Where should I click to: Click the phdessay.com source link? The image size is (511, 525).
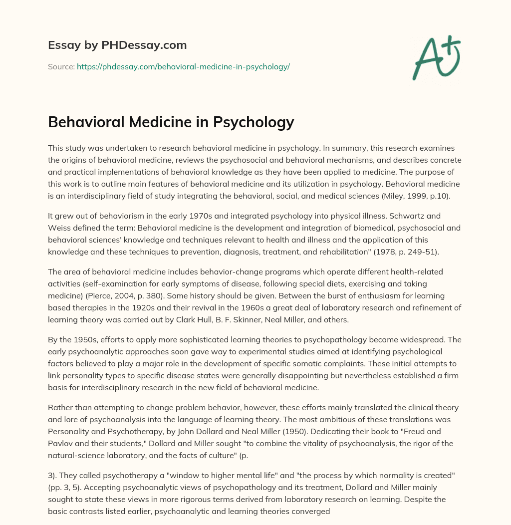click(183, 66)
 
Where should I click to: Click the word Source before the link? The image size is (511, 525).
click(61, 66)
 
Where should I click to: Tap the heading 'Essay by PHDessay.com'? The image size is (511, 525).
click(117, 45)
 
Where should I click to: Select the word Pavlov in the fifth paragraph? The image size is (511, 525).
click(60, 428)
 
